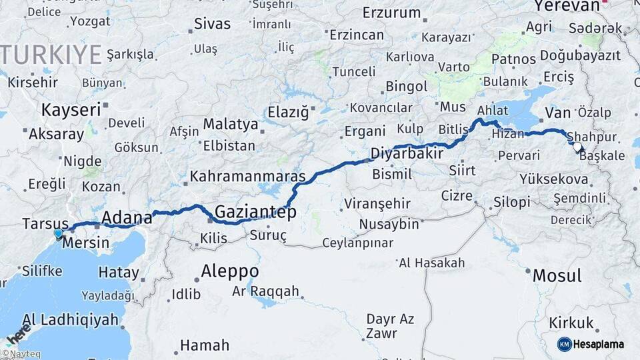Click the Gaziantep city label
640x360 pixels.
point(255,213)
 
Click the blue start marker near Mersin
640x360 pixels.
point(59,233)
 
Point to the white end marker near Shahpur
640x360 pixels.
point(577,145)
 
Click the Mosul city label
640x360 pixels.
point(557,275)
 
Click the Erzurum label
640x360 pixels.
point(391,13)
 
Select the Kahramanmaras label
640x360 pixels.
point(247,177)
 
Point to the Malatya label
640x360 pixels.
point(230,124)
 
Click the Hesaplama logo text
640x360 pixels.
point(599,344)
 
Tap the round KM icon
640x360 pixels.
point(564,344)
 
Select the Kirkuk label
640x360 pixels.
point(571,323)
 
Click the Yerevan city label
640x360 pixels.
point(567,5)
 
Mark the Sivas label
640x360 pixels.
point(212,24)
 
